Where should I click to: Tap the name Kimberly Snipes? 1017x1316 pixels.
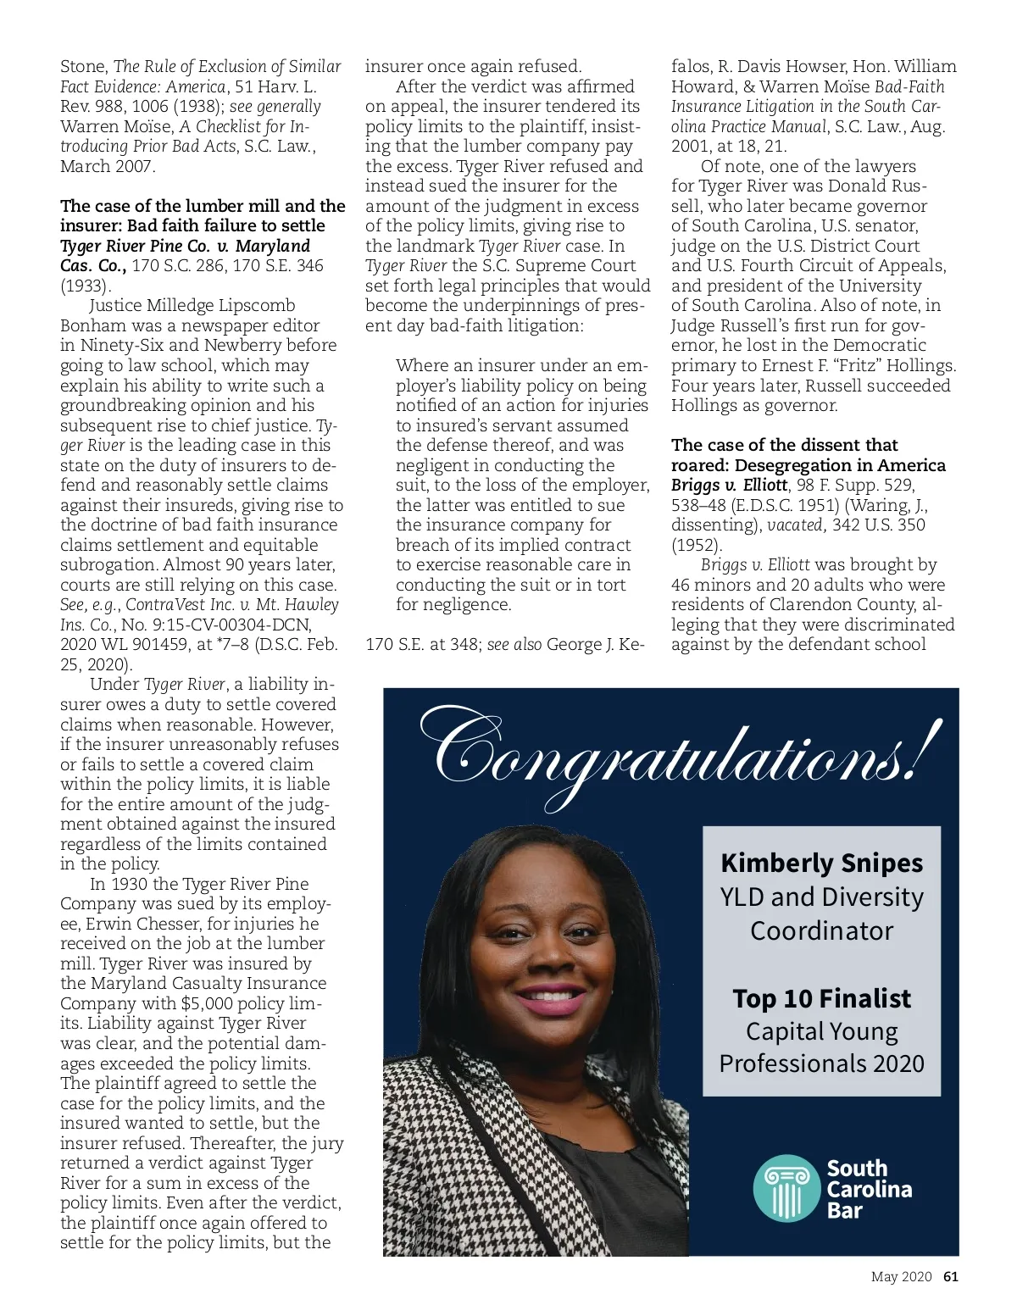pyautogui.click(x=821, y=863)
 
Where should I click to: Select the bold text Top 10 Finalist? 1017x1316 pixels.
pyautogui.click(x=821, y=998)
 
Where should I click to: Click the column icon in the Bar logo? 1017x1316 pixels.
pyautogui.click(x=787, y=1188)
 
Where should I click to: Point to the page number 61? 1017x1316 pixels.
pyautogui.click(x=950, y=1277)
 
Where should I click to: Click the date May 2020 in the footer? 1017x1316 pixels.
pyautogui.click(x=901, y=1277)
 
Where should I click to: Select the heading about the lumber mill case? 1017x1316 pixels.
pyautogui.click(x=203, y=216)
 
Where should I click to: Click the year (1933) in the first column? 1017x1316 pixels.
pyautogui.click(x=86, y=286)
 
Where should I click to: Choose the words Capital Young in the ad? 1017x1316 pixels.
pyautogui.click(x=821, y=1031)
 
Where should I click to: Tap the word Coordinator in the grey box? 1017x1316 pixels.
pyautogui.click(x=821, y=930)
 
